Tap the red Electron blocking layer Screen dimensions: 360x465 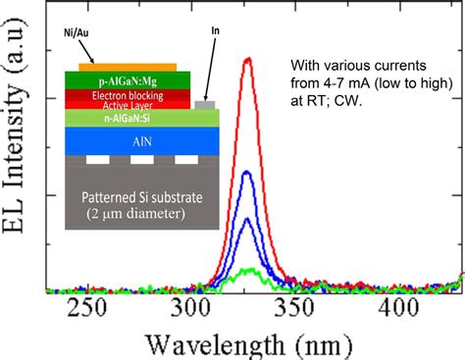126,95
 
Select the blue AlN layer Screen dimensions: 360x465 137,141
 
